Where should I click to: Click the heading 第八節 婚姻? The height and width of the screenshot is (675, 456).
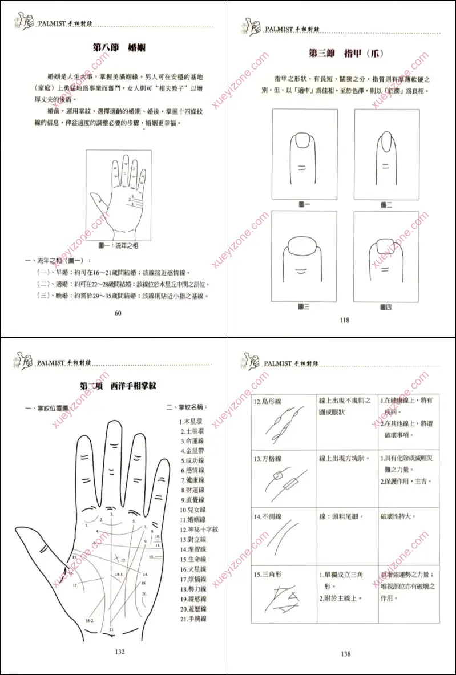tap(119, 48)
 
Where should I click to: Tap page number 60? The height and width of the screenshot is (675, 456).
tap(118, 313)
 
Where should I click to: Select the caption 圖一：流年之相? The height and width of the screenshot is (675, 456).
tap(119, 245)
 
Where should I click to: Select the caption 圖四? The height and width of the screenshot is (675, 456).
tap(386, 307)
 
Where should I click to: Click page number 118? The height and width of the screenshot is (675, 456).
tap(344, 320)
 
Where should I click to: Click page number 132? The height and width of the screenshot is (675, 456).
tap(119, 652)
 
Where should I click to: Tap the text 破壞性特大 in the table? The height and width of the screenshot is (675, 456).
tap(398, 517)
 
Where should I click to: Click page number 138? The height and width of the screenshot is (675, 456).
tap(345, 654)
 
